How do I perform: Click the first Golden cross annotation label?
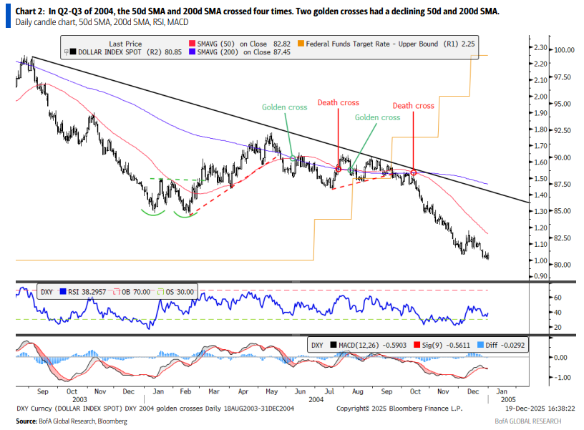pos(284,107)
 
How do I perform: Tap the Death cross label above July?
pos(338,103)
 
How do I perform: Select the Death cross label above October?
pos(413,106)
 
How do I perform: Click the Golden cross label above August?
pos(377,117)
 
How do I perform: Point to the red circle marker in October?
pos(414,173)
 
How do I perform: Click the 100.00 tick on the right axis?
pos(566,50)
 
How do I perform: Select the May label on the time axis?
pos(271,391)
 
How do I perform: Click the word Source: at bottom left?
pos(26,422)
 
